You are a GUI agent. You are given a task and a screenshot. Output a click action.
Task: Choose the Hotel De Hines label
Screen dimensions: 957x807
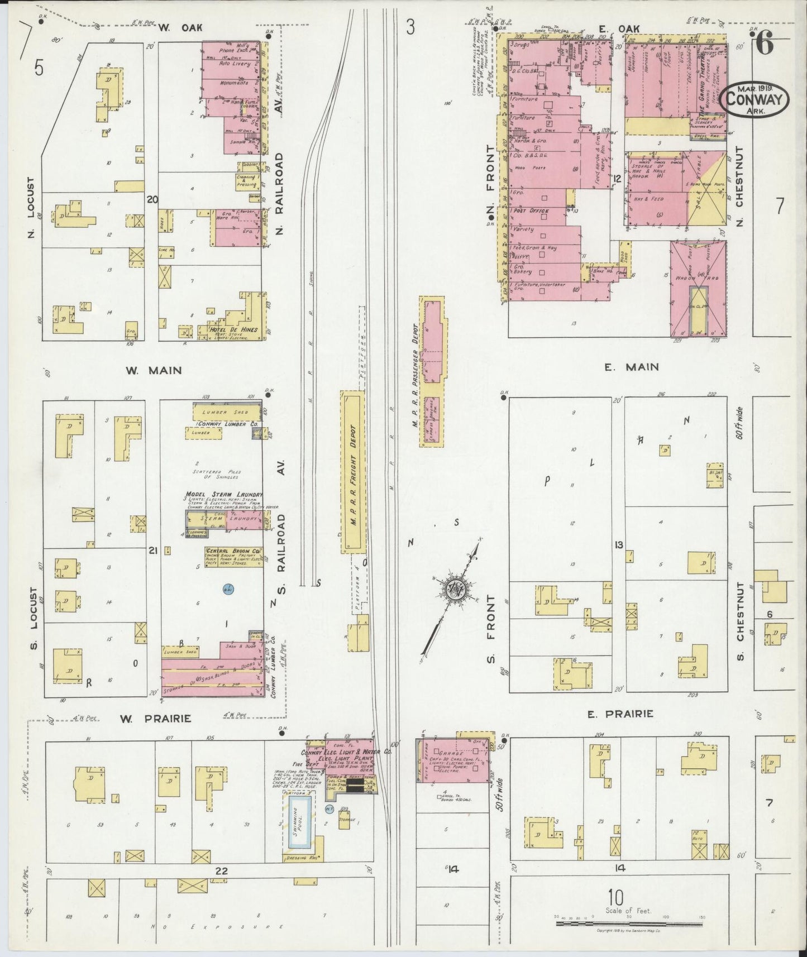[x=234, y=329]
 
